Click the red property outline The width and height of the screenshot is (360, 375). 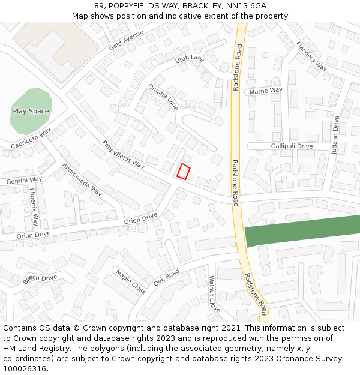(x=184, y=172)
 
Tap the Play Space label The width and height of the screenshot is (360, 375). (x=31, y=111)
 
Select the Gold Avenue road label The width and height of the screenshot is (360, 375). (x=126, y=40)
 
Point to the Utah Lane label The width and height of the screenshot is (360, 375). (x=190, y=59)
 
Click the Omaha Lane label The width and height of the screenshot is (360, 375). (x=163, y=97)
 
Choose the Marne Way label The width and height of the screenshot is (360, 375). (x=265, y=91)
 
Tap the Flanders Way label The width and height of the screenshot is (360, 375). (x=311, y=56)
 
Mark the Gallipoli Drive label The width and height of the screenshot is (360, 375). (x=292, y=146)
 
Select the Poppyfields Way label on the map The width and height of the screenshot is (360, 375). (x=124, y=154)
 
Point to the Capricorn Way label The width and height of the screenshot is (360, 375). (x=31, y=138)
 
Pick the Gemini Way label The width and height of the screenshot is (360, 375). (x=24, y=179)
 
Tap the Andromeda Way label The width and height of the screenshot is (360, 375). (x=82, y=179)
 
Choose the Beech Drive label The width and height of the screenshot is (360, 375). (x=40, y=279)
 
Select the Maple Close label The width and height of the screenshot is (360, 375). (x=131, y=282)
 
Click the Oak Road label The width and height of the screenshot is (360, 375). (x=166, y=277)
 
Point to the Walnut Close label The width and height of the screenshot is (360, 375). (x=214, y=293)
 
